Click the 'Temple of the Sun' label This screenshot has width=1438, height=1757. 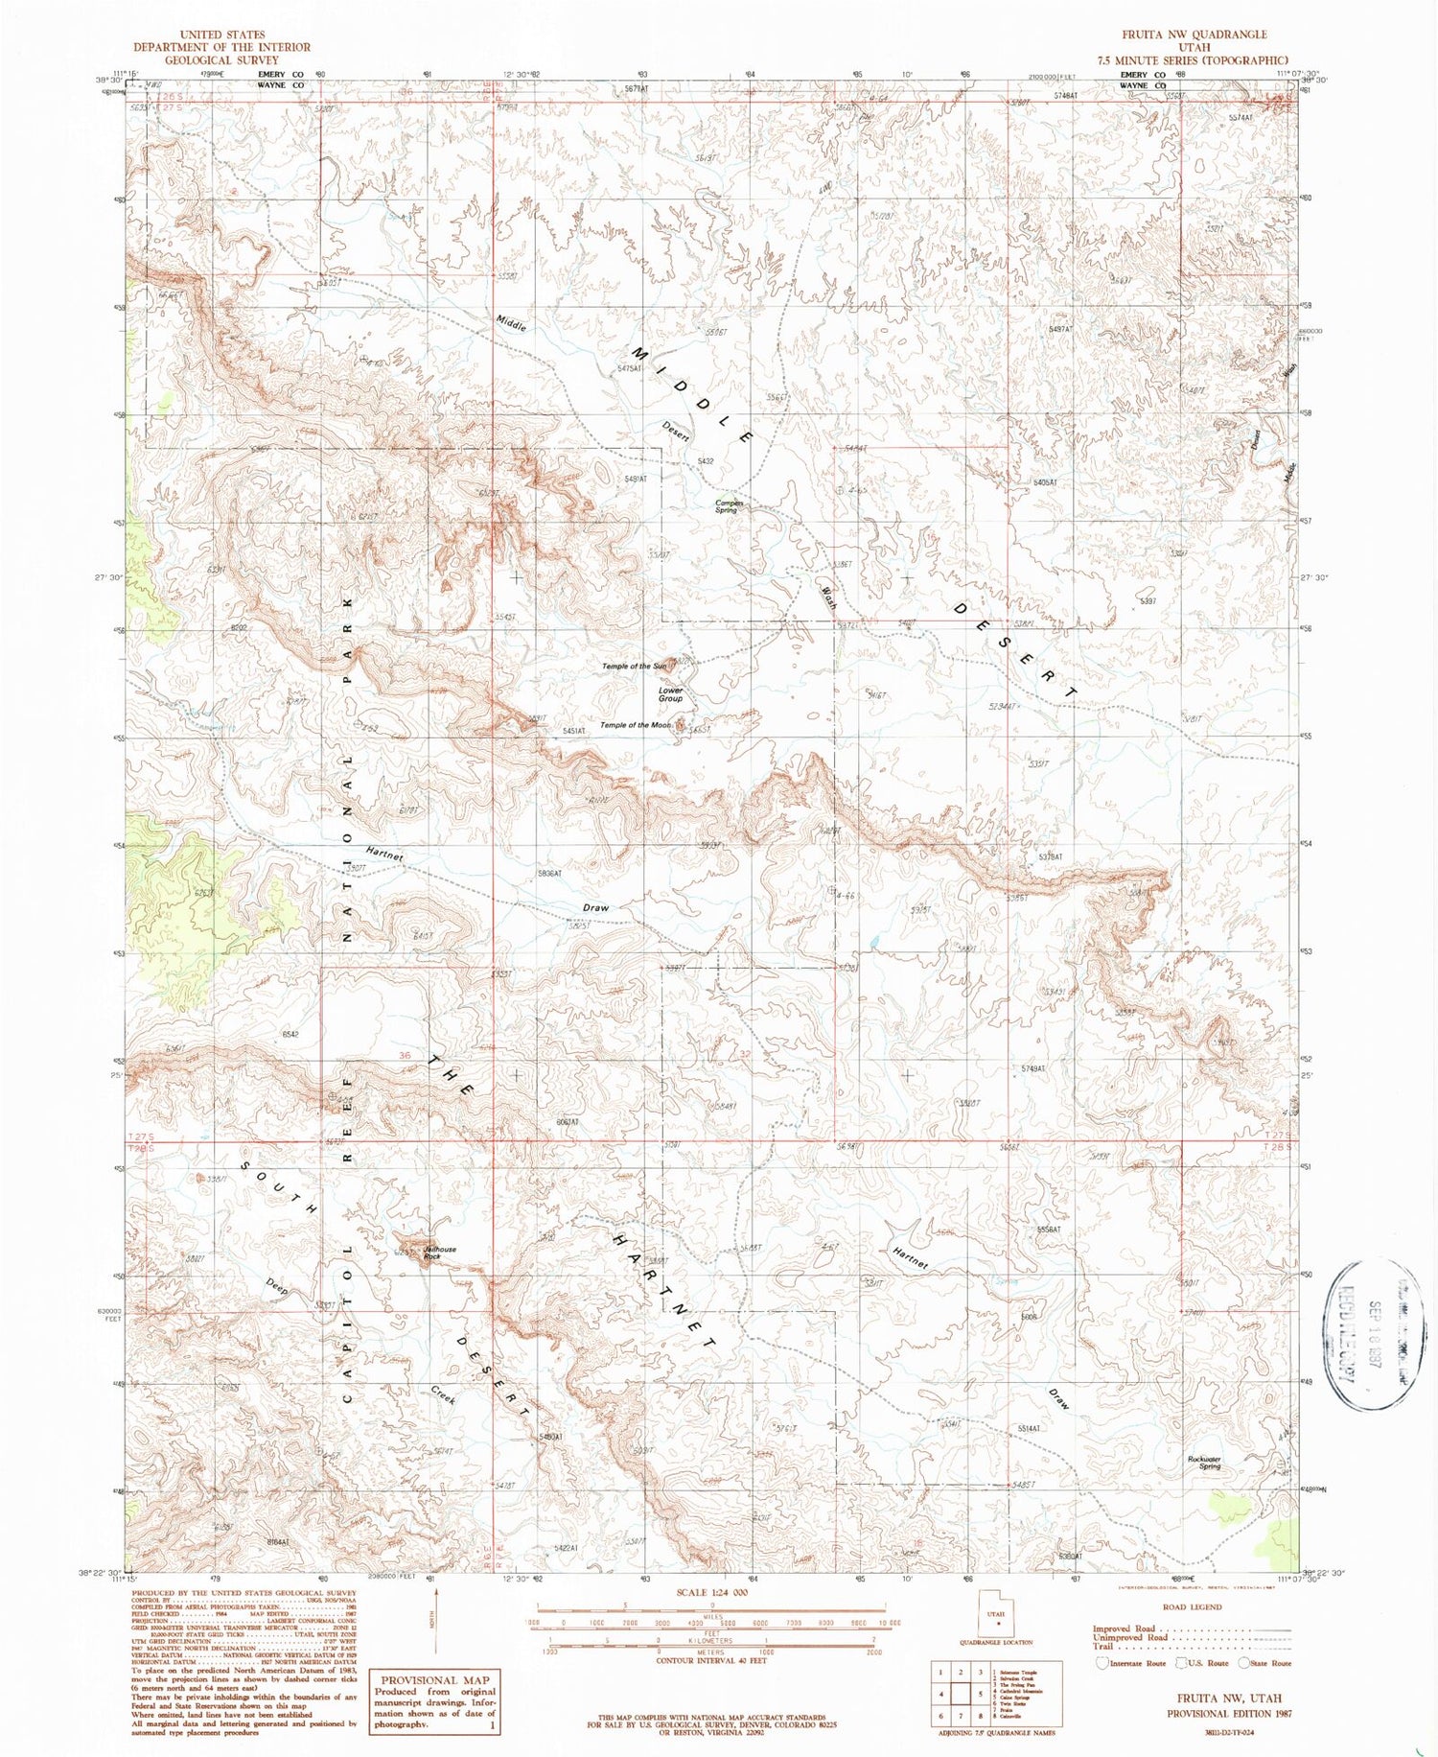tap(634, 666)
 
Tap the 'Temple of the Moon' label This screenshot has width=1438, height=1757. tap(635, 725)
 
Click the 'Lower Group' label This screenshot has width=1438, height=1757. tap(670, 694)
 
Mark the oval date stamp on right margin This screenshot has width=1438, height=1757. tap(1362, 1333)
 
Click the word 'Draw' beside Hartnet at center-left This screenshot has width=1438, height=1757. tap(595, 907)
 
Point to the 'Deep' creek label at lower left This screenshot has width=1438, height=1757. tap(276, 1284)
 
